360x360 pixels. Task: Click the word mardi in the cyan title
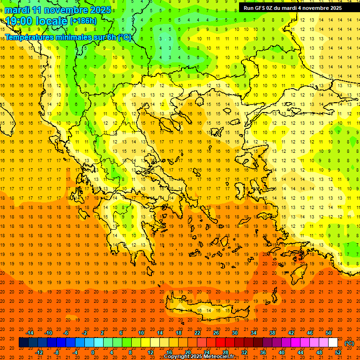pyautogui.click(x=20, y=10)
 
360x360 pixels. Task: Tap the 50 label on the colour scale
pyautogui.click(x=329, y=333)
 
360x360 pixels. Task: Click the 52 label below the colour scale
pyautogui.click(x=338, y=352)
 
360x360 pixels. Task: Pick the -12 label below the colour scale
pyautogui.click(x=39, y=352)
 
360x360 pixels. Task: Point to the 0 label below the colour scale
pyautogui.click(x=92, y=352)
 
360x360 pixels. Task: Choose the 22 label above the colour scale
pyautogui.click(x=197, y=333)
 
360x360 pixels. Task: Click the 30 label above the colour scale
pyautogui.click(x=235, y=333)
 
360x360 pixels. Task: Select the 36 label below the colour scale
pyautogui.click(x=263, y=352)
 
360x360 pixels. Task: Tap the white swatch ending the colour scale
pyautogui.click(x=333, y=343)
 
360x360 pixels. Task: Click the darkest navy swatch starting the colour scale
pyautogui.click(x=23, y=343)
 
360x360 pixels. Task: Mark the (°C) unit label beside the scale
pyautogui.click(x=349, y=343)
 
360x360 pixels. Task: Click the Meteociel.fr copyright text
pyautogui.click(x=199, y=357)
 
